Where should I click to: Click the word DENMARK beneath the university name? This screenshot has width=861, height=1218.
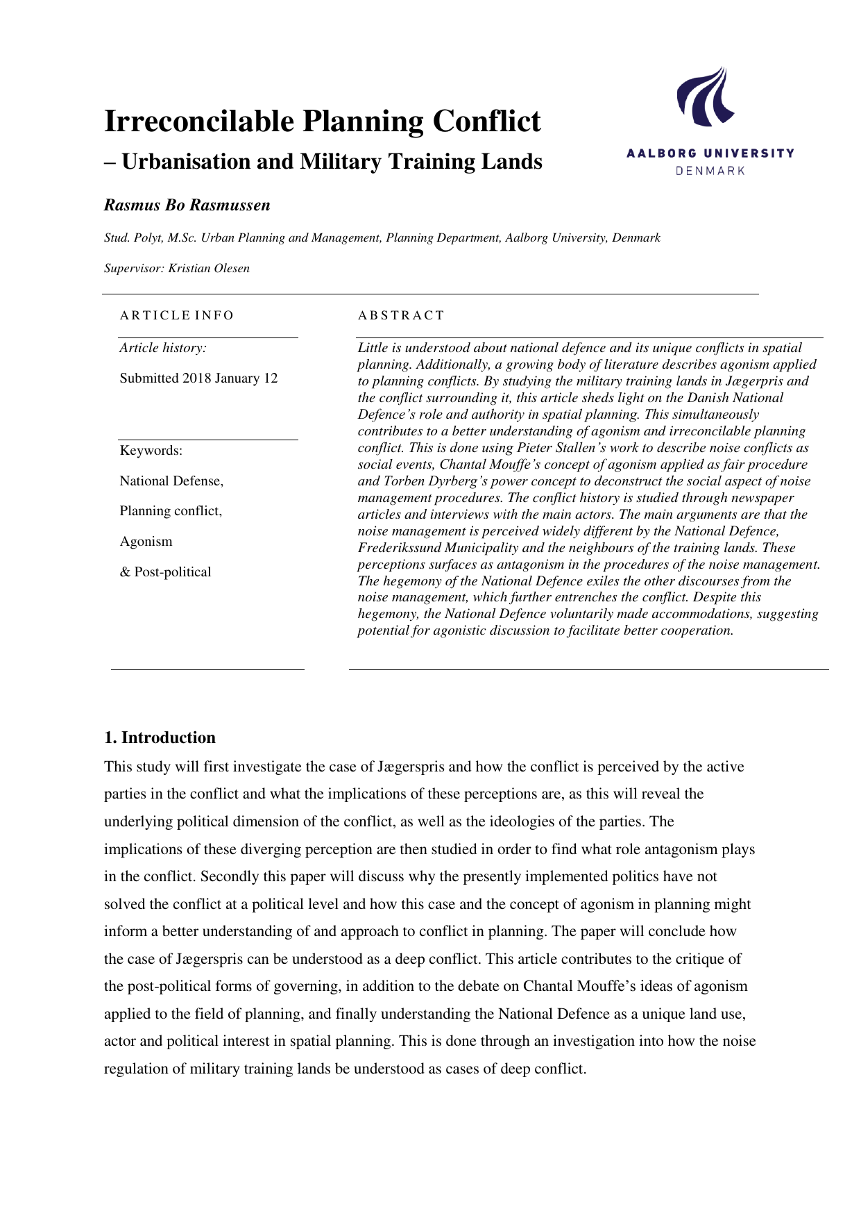coord(710,171)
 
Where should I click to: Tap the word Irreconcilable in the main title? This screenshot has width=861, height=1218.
coord(198,122)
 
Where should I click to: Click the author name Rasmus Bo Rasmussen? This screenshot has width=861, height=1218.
coord(187,206)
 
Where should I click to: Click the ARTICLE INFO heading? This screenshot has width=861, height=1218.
coord(177,315)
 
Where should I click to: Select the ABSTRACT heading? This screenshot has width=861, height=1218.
coord(400,315)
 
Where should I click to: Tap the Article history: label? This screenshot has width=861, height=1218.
coord(163,348)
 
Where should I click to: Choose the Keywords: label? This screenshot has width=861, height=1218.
coord(151,451)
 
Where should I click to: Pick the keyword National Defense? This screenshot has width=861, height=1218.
coord(171,481)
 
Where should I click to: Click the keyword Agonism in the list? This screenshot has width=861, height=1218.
coord(146,542)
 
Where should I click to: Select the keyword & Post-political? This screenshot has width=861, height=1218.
coord(165,572)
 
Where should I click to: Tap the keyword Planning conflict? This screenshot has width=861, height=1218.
coord(171,511)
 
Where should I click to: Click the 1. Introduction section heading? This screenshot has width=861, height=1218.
coord(160,737)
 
